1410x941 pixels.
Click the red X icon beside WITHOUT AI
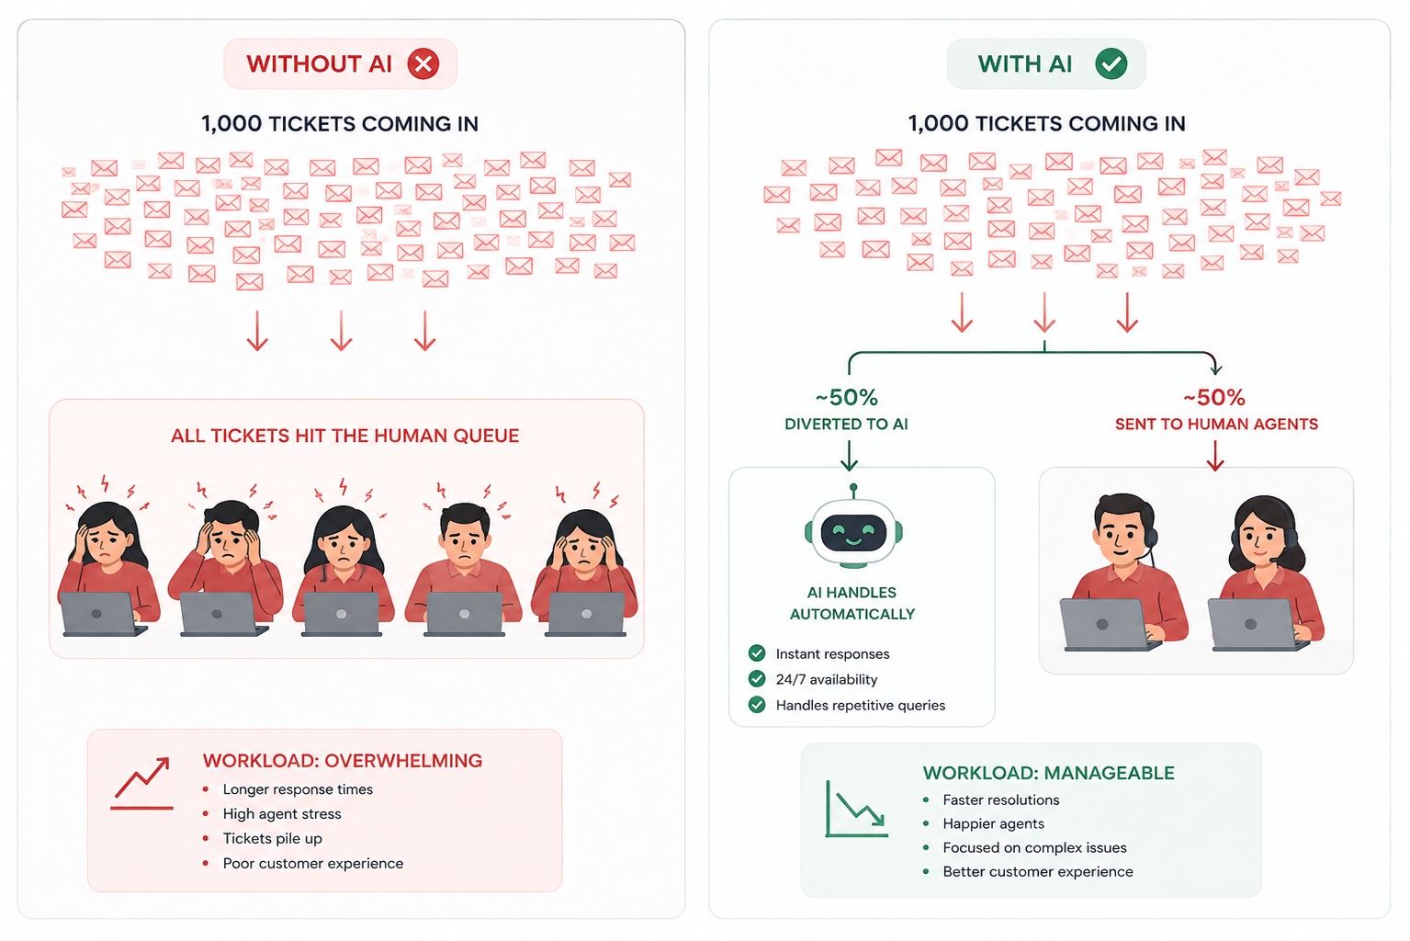[423, 63]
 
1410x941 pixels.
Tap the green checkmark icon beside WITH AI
[1111, 63]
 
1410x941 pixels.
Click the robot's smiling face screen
[853, 533]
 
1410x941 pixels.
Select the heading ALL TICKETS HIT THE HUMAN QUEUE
[345, 436]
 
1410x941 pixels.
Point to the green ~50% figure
[846, 397]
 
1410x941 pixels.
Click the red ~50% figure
[1214, 397]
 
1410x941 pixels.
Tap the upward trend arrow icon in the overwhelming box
[142, 784]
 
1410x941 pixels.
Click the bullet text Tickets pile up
[272, 838]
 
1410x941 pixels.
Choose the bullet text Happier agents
[993, 824]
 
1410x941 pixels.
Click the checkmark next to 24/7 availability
[757, 679]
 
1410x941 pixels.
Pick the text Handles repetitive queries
[861, 705]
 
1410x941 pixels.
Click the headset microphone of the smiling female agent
[1275, 560]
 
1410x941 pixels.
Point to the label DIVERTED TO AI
[846, 424]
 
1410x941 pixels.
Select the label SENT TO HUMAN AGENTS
[1216, 424]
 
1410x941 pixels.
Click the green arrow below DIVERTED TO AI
[849, 456]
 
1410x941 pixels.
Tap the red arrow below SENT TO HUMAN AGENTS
[1215, 456]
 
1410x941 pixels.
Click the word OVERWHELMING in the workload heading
[403, 761]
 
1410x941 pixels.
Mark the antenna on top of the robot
[853, 492]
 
